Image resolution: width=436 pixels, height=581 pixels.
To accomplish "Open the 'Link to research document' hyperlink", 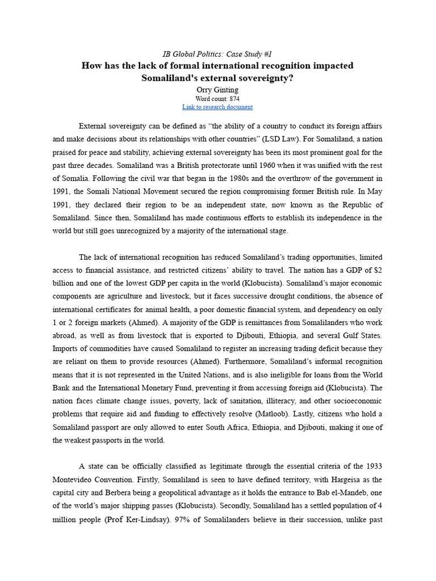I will pos(217,107).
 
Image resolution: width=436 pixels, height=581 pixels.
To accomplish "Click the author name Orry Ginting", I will pos(217,89).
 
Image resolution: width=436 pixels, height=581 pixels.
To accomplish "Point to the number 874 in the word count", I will pos(234,98).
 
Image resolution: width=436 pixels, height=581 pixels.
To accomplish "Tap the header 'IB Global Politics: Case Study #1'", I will pos(217,54).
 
